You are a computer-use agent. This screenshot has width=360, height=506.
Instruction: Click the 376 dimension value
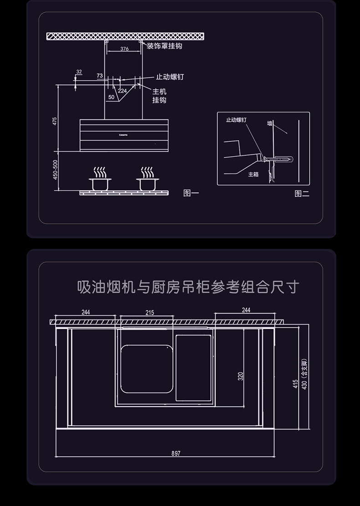click(x=124, y=49)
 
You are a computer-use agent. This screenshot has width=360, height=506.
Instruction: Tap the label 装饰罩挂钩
click(x=164, y=46)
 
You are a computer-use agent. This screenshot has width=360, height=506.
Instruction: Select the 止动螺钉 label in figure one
click(x=170, y=77)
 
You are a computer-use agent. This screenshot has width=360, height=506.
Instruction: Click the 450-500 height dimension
click(x=55, y=169)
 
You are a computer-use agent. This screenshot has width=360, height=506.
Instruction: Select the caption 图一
click(x=191, y=193)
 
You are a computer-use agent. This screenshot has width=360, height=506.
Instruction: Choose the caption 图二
click(x=302, y=194)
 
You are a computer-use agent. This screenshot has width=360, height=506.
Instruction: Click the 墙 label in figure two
click(x=270, y=123)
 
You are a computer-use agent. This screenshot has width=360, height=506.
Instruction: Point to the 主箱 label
click(x=253, y=175)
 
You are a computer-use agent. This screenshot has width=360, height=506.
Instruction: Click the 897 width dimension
click(x=176, y=454)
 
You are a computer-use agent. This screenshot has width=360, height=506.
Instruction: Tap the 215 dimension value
click(x=149, y=313)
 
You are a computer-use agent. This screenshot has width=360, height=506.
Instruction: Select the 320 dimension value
click(x=241, y=376)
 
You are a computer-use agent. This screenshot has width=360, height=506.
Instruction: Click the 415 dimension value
click(x=295, y=384)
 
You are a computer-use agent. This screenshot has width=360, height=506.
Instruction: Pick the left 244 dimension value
click(x=86, y=312)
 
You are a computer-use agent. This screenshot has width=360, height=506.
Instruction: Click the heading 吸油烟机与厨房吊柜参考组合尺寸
click(x=188, y=288)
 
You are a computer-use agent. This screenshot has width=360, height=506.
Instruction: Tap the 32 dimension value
click(x=79, y=72)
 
